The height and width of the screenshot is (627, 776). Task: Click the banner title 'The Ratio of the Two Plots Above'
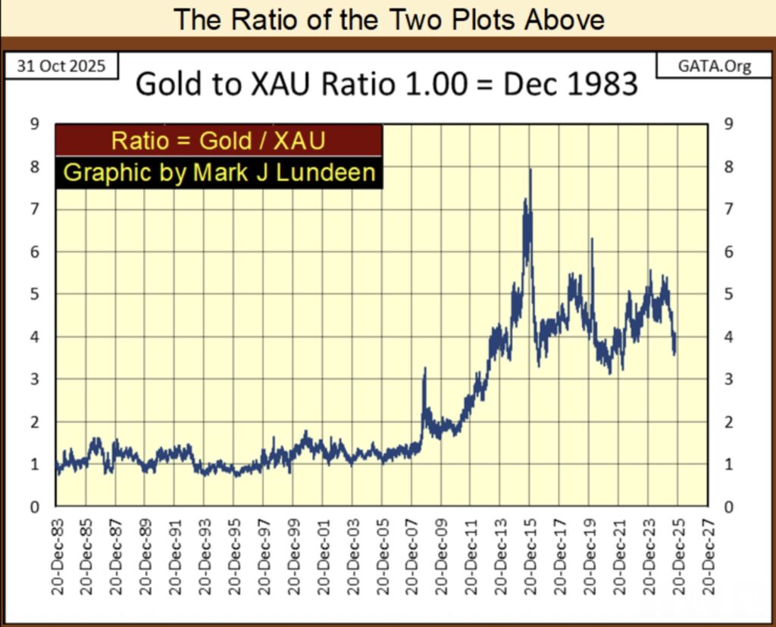[x=388, y=19]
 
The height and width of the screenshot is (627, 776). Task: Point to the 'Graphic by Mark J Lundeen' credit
[x=218, y=173]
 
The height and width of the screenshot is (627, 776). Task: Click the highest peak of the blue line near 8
[x=530, y=170]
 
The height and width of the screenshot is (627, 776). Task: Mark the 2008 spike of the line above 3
[x=424, y=369]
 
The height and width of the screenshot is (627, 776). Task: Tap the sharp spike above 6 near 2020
[x=591, y=239]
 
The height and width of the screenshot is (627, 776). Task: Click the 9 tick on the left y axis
[x=34, y=123]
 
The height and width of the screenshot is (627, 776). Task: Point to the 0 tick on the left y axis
[x=34, y=507]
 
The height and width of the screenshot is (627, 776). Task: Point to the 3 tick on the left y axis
[x=34, y=379]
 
